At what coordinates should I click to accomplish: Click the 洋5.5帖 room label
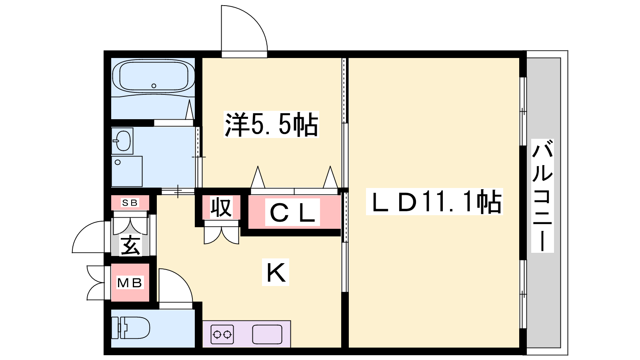pos(271,124)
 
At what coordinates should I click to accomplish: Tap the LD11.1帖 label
pos(434,202)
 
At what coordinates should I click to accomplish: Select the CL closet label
pos(292,212)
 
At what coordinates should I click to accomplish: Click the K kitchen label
pos(276,272)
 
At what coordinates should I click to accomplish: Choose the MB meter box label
pos(130,283)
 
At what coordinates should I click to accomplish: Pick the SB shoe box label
pos(130,202)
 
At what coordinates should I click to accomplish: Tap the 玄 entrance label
pos(130,245)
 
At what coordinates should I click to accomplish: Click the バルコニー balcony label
pos(542,196)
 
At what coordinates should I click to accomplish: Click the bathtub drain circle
pos(154,86)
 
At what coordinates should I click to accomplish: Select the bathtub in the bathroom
pos(154,76)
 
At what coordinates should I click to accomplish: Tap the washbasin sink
pos(122,141)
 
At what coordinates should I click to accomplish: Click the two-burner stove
pos(222,334)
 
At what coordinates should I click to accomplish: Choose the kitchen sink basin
pos(267,334)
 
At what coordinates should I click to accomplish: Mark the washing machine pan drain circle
pos(118,162)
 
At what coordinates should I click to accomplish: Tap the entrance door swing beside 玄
pos(88,237)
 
